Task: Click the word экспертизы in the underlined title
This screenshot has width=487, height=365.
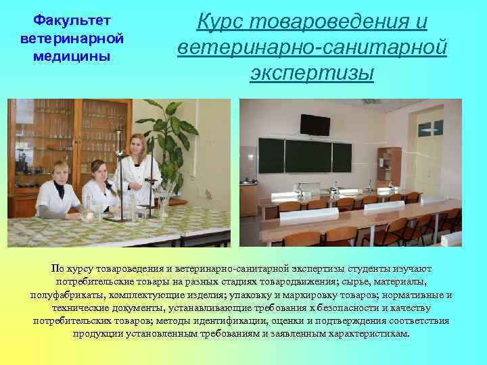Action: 312,72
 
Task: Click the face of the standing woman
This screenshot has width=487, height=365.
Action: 135,144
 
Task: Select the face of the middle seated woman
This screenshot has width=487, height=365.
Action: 98,170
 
